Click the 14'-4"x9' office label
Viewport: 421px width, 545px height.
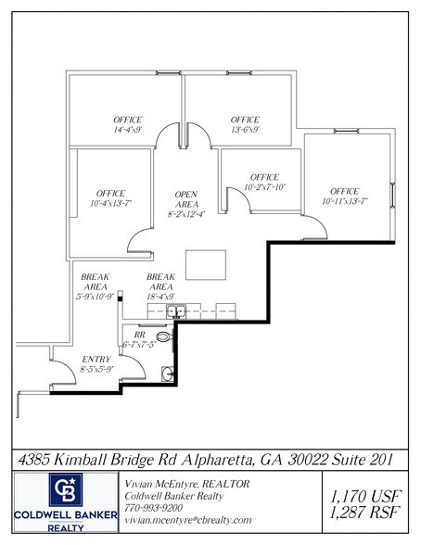pyautogui.click(x=128, y=126)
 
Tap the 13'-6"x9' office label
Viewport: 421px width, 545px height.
pyautogui.click(x=245, y=126)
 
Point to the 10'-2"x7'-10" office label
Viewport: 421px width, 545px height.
pyautogui.click(x=264, y=183)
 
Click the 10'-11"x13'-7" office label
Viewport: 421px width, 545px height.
pyautogui.click(x=345, y=196)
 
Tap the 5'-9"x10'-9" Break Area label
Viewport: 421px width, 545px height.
pyautogui.click(x=96, y=286)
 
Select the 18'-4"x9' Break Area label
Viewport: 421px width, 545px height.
pyautogui.click(x=162, y=286)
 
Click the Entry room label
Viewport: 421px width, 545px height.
pyautogui.click(x=96, y=363)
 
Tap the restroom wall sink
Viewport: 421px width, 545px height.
pyautogui.click(x=167, y=373)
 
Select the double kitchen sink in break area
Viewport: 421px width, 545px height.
pyautogui.click(x=177, y=311)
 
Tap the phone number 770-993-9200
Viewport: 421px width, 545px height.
pyautogui.click(x=155, y=508)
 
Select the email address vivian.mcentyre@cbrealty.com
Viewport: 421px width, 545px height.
pyautogui.click(x=187, y=521)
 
